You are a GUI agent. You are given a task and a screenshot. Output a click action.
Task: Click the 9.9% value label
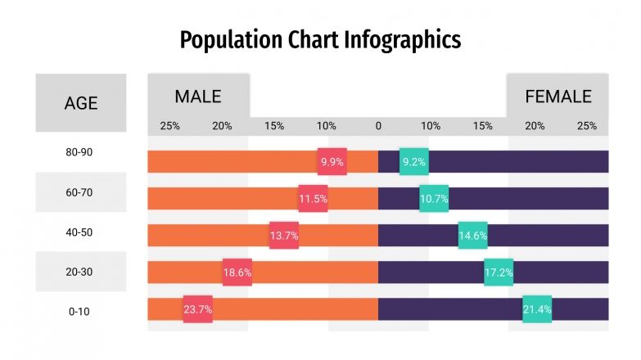[x=332, y=162]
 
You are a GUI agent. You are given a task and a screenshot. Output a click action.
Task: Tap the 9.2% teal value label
[x=414, y=162]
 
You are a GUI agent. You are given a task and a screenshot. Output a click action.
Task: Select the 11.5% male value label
[x=313, y=199]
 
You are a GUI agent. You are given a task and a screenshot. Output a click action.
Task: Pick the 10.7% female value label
[x=434, y=199]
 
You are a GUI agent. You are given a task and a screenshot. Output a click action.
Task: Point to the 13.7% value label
[x=284, y=236]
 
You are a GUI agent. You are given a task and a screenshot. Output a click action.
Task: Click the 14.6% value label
[x=473, y=236]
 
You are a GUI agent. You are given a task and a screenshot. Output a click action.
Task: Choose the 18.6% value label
[x=237, y=272]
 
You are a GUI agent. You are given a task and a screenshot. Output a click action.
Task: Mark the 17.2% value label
[x=499, y=272]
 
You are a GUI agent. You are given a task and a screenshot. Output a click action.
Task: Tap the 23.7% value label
[x=198, y=309]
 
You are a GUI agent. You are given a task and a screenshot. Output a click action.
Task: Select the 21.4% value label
[x=537, y=309]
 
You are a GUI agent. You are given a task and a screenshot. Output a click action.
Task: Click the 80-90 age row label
[x=79, y=153]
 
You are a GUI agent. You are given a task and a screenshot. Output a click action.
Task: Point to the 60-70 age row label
[x=79, y=192]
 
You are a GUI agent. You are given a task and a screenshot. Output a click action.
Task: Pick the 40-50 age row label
[x=79, y=232]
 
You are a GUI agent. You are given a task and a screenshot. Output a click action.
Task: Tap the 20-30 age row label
[x=79, y=272]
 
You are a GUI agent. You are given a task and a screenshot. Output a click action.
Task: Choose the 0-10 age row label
[x=79, y=312]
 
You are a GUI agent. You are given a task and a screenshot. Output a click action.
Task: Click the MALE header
[x=198, y=97]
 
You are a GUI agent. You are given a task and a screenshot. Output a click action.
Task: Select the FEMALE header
[x=558, y=97]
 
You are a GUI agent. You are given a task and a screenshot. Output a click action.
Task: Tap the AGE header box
[x=81, y=103]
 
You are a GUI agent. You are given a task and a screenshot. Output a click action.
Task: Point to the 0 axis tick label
[x=378, y=126]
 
